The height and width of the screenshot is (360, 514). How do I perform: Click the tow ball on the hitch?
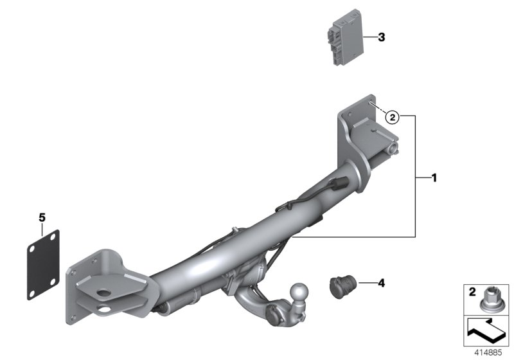tap(300, 292)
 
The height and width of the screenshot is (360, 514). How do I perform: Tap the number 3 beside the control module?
tap(382, 38)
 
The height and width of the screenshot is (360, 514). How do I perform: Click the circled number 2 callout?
tap(392, 116)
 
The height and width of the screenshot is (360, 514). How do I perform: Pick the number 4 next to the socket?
tap(381, 282)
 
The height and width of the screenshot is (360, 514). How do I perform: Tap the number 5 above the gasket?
tap(42, 218)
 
